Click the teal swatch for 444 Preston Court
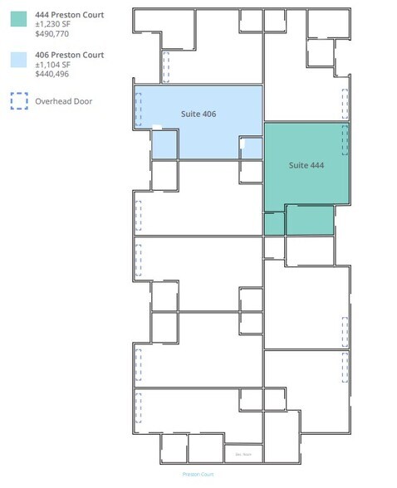point(17,19)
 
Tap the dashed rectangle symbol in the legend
point(17,100)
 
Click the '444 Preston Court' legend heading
point(70,15)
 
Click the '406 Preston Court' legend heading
point(70,55)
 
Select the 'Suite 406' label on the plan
point(198,113)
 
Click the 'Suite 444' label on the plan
point(306,165)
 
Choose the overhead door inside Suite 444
point(345,140)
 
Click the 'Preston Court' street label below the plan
point(198,474)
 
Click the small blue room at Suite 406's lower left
point(164,145)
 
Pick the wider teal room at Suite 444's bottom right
point(310,220)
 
